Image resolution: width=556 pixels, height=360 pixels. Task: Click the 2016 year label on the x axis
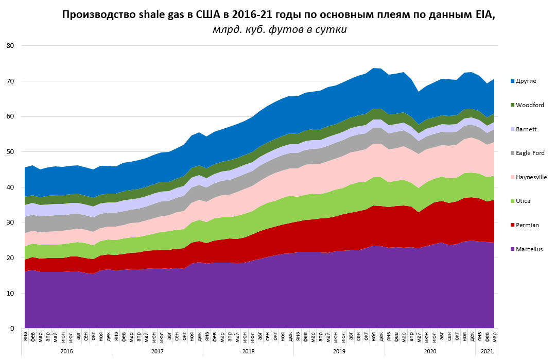(x=66, y=351)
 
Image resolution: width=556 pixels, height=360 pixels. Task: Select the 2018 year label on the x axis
(x=248, y=351)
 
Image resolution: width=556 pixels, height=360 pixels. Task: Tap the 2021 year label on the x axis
(x=486, y=351)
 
